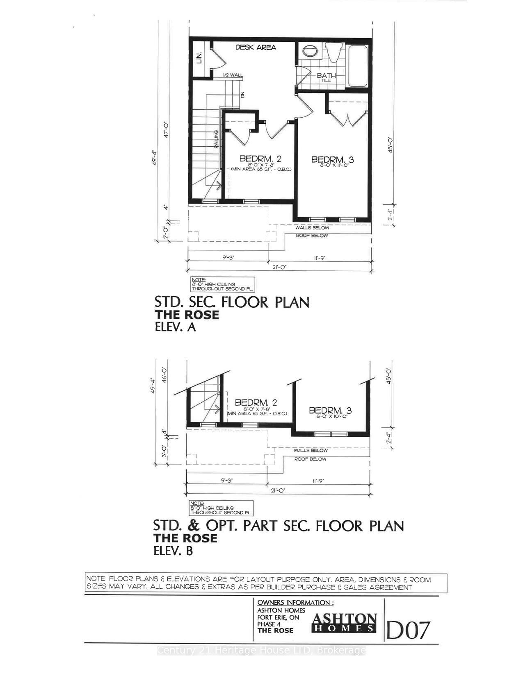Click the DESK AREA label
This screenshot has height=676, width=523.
click(256, 48)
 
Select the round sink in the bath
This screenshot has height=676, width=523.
click(311, 51)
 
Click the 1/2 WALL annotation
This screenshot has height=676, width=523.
click(233, 75)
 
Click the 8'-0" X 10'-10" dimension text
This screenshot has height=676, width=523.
click(332, 416)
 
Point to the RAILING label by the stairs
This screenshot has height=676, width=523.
click(215, 139)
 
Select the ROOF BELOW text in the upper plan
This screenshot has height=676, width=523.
click(312, 236)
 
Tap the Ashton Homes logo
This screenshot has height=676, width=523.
click(344, 623)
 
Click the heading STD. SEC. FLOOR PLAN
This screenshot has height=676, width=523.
click(232, 302)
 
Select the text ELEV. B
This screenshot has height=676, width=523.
click(173, 551)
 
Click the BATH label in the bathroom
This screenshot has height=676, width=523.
click(326, 76)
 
